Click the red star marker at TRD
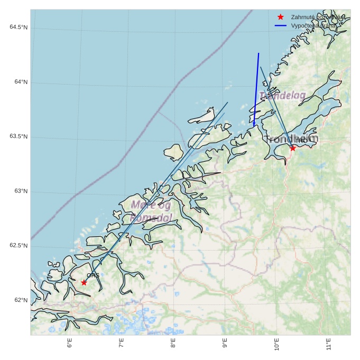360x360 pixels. point(293,148)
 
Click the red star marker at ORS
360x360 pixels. point(84,282)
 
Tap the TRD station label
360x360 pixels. point(301,141)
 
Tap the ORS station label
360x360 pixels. point(93,275)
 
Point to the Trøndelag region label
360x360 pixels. point(282,96)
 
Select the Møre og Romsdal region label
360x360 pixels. point(151,211)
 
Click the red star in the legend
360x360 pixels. point(281,17)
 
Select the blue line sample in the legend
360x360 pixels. point(281,25)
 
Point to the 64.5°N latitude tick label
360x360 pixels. point(19,27)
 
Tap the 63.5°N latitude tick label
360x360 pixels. point(19,136)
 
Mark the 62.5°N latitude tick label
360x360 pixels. point(19,246)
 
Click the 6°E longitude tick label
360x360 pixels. point(70,344)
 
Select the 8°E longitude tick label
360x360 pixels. point(173,344)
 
